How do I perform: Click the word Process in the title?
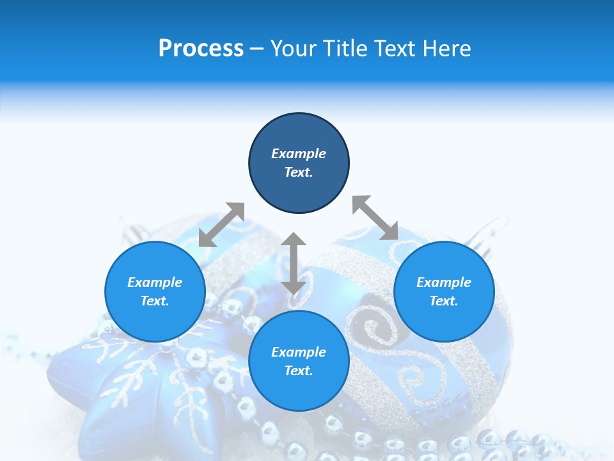(201, 49)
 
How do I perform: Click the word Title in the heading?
(344, 49)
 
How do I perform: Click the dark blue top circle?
(299, 163)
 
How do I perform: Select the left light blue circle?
(155, 291)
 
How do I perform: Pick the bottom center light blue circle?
(299, 361)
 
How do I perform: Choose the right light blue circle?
(444, 291)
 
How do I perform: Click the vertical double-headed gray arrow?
(294, 263)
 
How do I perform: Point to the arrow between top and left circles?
(221, 225)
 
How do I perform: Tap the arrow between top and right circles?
(375, 218)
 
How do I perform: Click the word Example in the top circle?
(299, 154)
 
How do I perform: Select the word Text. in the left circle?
(155, 301)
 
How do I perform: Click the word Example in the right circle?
(444, 282)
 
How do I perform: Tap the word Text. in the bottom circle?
(299, 371)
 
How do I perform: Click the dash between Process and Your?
(256, 49)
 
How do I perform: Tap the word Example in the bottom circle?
(299, 352)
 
